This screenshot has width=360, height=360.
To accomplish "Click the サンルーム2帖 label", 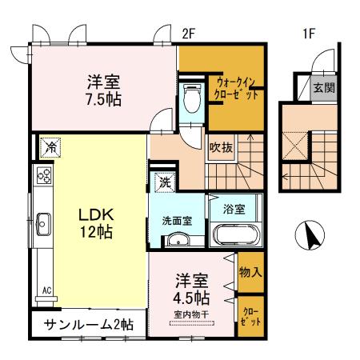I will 89,326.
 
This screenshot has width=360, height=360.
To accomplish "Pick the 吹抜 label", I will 220,146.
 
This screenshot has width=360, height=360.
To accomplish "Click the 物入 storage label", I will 250,272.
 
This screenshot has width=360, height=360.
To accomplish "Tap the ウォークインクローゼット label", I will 236,87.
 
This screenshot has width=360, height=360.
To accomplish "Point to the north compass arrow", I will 310,235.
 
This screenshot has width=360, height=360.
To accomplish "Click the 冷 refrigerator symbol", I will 49,146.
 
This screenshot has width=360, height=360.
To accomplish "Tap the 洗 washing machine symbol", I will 164,182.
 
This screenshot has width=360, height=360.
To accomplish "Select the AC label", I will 46,290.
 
